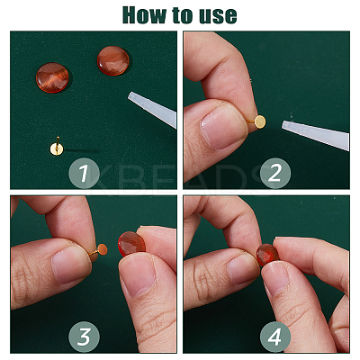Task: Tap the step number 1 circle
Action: point(84,174)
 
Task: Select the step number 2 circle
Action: point(275,173)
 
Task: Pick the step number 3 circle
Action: point(84,337)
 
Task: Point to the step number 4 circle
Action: point(275,337)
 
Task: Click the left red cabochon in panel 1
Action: point(52,77)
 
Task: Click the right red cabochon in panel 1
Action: point(113,60)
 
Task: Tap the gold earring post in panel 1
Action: point(57,148)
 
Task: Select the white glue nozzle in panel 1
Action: point(152,109)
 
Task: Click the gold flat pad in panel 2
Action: point(260,121)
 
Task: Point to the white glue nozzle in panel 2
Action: point(316,134)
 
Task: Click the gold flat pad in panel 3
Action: point(103,249)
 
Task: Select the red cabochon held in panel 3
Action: point(131,244)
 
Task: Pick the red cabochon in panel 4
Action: point(268,255)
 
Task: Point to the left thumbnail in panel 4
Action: point(242,267)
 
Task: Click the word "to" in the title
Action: point(183,15)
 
